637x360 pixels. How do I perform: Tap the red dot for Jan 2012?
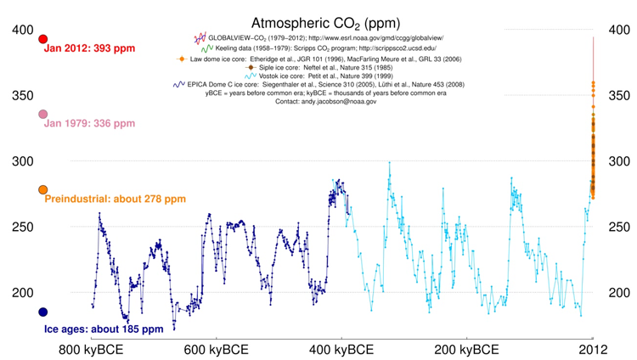(43, 39)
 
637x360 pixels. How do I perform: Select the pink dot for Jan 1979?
(43, 114)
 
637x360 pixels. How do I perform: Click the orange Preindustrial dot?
(43, 190)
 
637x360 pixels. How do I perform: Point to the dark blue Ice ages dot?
(43, 312)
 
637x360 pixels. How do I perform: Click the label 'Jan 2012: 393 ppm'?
(89, 49)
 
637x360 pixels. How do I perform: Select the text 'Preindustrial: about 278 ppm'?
(115, 200)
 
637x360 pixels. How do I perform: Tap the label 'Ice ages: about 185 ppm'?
(104, 329)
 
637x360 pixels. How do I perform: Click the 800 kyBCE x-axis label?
(91, 350)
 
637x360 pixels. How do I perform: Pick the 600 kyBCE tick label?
(216, 350)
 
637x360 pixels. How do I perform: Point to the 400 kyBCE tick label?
(342, 350)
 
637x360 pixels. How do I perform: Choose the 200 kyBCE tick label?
(467, 350)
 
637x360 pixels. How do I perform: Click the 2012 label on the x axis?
(592, 350)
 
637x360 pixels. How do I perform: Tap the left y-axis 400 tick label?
(22, 31)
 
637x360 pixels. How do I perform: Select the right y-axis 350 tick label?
(619, 96)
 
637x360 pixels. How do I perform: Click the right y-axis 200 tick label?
(619, 293)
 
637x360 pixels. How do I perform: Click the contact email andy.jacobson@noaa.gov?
(349, 101)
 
